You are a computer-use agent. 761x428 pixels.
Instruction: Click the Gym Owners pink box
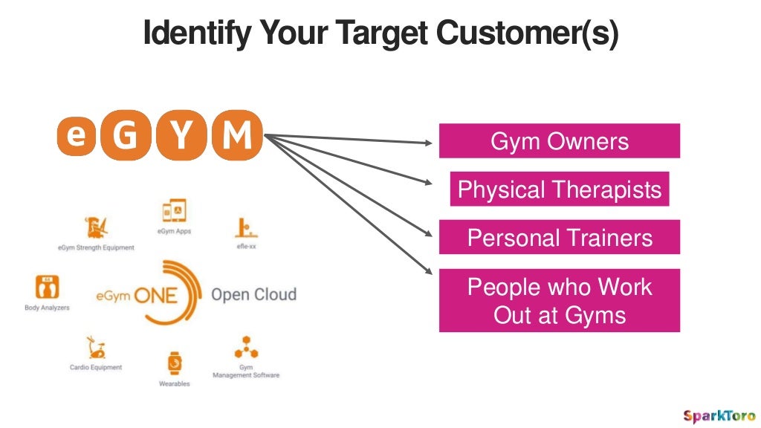tap(559, 140)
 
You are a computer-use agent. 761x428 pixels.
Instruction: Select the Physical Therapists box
tap(559, 189)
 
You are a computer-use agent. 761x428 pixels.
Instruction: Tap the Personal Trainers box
tap(559, 237)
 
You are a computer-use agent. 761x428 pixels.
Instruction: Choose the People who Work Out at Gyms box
tap(559, 300)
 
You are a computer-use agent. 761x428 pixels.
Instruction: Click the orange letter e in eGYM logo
tap(76, 136)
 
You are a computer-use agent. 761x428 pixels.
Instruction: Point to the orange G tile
tap(126, 137)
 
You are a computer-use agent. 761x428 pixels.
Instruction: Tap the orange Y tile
tap(181, 137)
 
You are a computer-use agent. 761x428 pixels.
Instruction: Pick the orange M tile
tap(237, 136)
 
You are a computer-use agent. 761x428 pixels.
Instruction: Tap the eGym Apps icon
tap(174, 212)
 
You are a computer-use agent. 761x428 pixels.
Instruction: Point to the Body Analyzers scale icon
tap(46, 287)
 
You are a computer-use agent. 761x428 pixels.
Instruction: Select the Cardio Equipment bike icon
tap(96, 348)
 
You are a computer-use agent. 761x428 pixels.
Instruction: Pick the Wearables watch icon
tap(174, 363)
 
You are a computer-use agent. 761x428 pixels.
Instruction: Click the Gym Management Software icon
tap(246, 348)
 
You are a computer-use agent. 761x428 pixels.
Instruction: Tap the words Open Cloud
tap(253, 294)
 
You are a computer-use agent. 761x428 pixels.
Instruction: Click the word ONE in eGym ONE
tap(156, 296)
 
